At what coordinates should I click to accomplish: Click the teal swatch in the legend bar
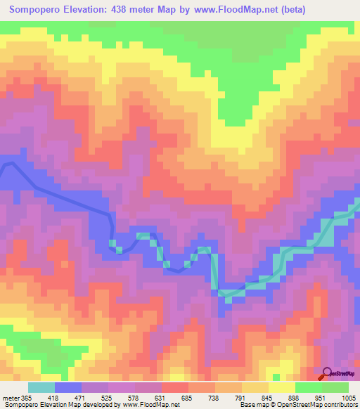point(41,388)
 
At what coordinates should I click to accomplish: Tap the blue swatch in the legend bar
point(68,388)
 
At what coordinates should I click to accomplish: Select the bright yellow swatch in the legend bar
point(282,388)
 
